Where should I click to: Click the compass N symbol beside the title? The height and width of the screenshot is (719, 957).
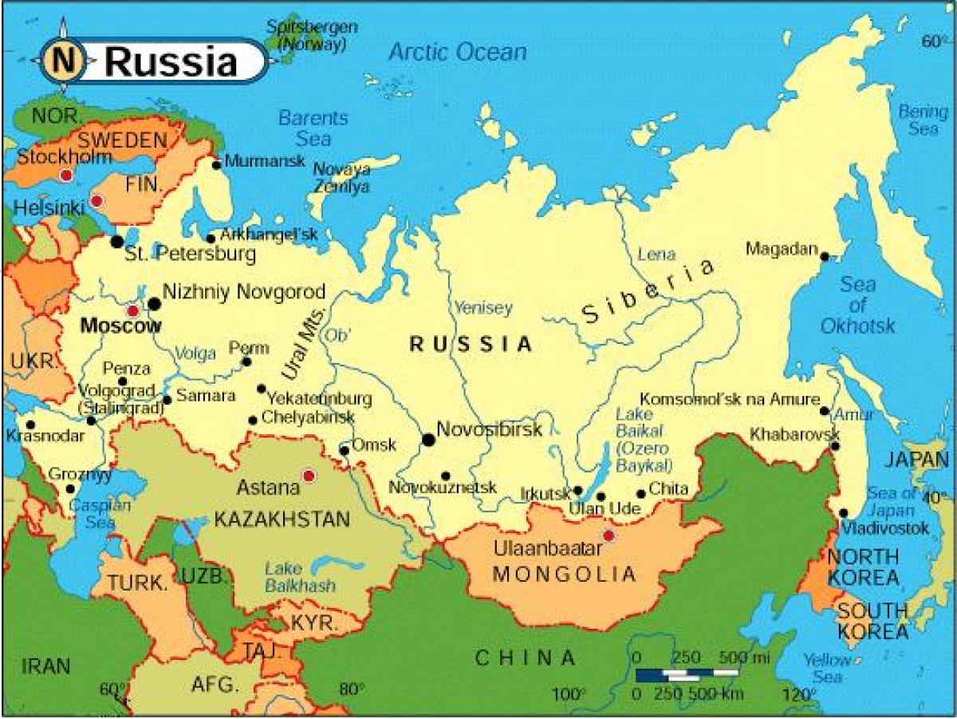(x=61, y=60)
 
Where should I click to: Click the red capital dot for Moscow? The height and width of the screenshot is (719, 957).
(x=132, y=310)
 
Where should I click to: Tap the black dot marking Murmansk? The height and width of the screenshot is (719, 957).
(x=216, y=165)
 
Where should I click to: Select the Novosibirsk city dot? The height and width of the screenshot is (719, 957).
(x=429, y=440)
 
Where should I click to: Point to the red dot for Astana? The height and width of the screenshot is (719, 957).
(x=309, y=476)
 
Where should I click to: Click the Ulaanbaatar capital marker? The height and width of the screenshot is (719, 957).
(x=609, y=535)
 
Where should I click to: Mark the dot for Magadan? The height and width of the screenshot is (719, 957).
(x=825, y=257)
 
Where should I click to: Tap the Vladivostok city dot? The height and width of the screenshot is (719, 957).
(x=844, y=513)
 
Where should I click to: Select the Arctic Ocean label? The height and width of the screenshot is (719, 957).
(x=457, y=53)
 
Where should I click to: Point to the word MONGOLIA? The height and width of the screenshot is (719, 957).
(x=565, y=574)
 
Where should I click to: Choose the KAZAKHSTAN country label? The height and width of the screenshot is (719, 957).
(x=282, y=519)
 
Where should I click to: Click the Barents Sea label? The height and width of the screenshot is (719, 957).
(x=313, y=128)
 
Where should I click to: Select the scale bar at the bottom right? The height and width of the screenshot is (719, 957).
(x=686, y=675)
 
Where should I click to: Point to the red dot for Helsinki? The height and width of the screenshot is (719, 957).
(x=96, y=200)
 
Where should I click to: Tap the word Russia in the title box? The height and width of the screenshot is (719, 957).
(x=171, y=61)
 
